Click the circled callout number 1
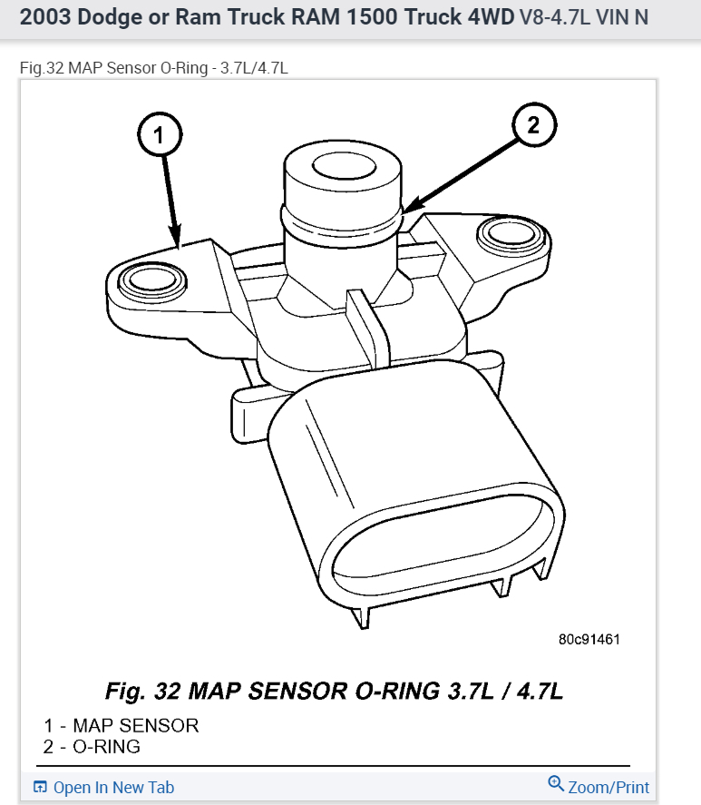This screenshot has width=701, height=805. point(158,137)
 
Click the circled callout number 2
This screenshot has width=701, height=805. point(533,126)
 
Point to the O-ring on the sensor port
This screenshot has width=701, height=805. point(340,221)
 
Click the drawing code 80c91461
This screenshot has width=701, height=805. point(589,639)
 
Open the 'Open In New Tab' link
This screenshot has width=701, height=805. point(113,787)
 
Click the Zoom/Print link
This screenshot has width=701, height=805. point(609,787)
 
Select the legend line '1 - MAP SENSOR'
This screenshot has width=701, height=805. point(121,725)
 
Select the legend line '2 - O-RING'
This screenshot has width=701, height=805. point(92,747)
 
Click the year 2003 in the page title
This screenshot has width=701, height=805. point(44,17)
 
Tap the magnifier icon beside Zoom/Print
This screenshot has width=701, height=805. point(556,784)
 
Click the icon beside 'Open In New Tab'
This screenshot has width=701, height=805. point(40,787)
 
